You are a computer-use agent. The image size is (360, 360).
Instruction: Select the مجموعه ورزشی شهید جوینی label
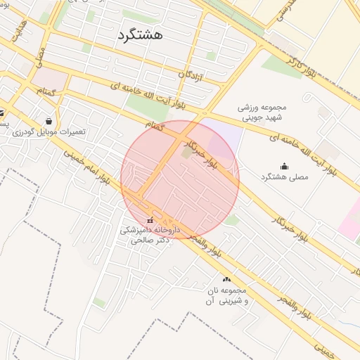click(255, 113)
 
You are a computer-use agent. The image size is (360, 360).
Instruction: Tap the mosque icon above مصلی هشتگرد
click(284, 166)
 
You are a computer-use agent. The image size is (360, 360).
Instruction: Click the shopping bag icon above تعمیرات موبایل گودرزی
click(48, 121)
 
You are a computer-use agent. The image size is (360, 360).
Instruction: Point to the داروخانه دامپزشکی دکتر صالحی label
click(150, 235)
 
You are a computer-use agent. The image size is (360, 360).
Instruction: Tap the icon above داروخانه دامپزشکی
click(149, 221)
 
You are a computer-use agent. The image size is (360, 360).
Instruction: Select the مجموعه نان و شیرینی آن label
click(225, 295)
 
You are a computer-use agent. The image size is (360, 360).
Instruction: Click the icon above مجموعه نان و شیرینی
click(226, 280)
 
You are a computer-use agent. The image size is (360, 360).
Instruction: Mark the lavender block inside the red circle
click(222, 138)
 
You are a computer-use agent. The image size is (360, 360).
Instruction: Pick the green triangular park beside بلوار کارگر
click(282, 67)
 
